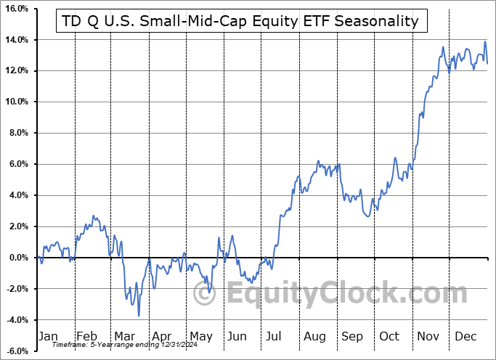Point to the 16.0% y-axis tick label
[x=16, y=9]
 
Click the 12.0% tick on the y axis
[x=16, y=70]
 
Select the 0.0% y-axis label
[x=18, y=258]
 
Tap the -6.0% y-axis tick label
[x=17, y=351]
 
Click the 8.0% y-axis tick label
[x=18, y=133]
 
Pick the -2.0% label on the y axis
[x=17, y=289]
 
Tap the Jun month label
[x=237, y=337]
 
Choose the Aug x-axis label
[x=315, y=337]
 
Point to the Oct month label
[x=390, y=337]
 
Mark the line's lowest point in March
[x=139, y=316]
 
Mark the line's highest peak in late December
[x=484, y=42]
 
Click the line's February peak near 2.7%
[x=93, y=216]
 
